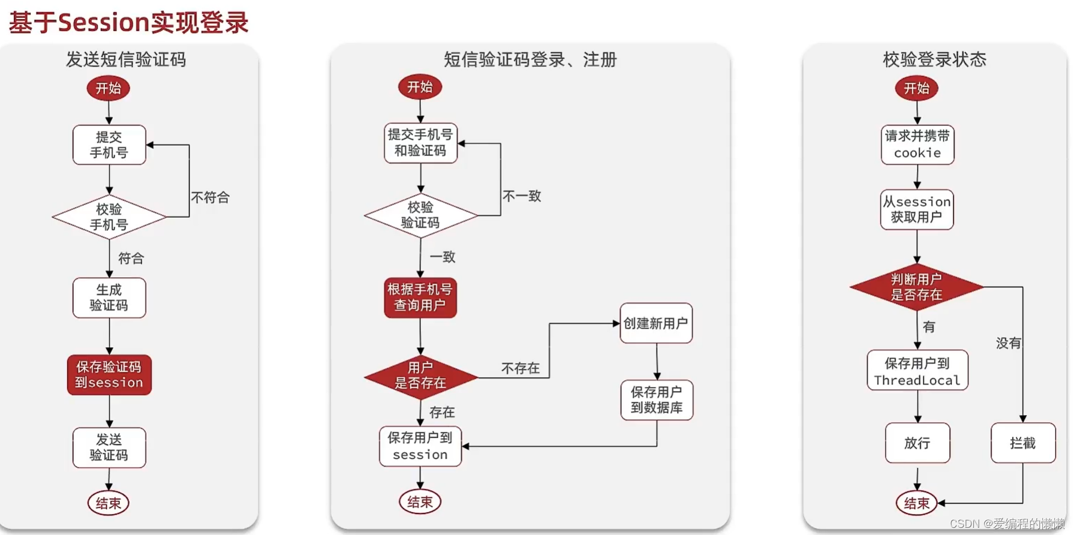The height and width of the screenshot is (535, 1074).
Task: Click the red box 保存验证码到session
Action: click(x=109, y=375)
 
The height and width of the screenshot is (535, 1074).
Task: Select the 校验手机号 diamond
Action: click(x=109, y=217)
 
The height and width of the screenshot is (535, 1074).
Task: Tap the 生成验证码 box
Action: click(x=109, y=297)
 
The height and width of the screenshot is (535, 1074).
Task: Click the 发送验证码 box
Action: click(x=109, y=447)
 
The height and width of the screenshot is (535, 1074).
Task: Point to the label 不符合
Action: click(x=210, y=197)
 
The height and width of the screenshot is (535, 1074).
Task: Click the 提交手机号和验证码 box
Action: click(x=420, y=143)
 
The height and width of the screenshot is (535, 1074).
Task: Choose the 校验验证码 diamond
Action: click(x=420, y=215)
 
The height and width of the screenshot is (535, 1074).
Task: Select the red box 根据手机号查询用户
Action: click(x=420, y=297)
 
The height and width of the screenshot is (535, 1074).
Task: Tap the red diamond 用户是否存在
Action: click(x=420, y=376)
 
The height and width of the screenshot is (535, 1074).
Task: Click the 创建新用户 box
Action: click(x=656, y=323)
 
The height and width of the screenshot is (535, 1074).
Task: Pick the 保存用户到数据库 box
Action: click(x=657, y=400)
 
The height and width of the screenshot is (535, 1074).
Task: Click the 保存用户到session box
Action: click(x=420, y=446)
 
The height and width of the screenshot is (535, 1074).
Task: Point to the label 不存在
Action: click(x=520, y=368)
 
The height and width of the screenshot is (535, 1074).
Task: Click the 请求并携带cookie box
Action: click(x=917, y=145)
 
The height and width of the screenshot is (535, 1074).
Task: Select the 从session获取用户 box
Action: click(x=917, y=209)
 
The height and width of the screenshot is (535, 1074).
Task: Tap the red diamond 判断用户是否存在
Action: click(x=917, y=287)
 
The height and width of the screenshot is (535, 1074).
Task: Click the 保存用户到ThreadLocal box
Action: click(x=917, y=371)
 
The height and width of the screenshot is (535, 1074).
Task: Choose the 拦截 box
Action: click(x=1023, y=443)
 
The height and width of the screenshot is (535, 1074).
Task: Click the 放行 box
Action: click(x=917, y=443)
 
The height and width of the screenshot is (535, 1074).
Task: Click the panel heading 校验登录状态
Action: click(x=934, y=59)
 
